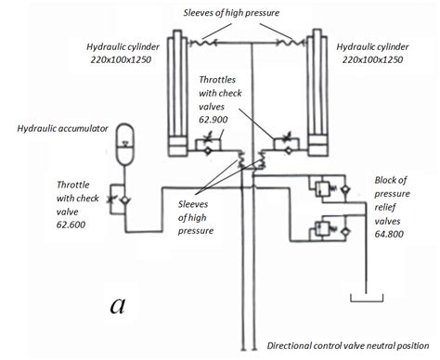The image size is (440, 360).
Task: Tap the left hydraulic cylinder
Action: [179, 93]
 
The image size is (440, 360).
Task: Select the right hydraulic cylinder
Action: [317, 93]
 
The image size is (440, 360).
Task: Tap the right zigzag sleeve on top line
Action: [291, 42]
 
